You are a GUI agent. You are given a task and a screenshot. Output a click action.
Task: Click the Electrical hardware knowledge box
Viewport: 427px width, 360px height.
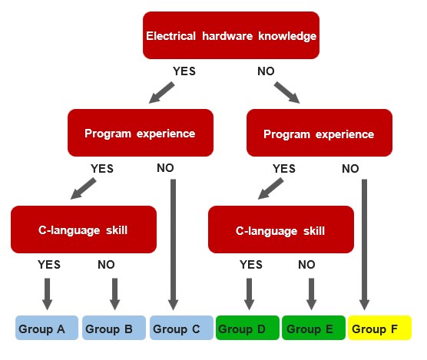[x=231, y=35]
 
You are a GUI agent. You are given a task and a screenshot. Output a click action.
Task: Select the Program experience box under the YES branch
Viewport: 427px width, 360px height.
[x=141, y=133]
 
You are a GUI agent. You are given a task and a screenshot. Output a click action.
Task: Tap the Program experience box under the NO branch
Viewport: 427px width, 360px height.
[x=319, y=133]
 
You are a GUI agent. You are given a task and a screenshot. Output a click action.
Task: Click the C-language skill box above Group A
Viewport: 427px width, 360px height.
[x=84, y=230]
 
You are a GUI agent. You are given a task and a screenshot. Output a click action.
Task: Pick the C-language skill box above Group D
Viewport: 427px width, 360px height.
[x=281, y=230]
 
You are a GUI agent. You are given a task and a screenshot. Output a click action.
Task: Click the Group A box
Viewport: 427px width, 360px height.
[x=47, y=328]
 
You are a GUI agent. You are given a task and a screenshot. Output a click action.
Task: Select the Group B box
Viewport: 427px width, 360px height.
[x=114, y=328]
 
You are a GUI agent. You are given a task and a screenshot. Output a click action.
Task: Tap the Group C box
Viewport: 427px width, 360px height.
[x=181, y=328]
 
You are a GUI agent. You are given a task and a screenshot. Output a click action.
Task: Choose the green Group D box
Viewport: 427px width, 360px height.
[x=247, y=328]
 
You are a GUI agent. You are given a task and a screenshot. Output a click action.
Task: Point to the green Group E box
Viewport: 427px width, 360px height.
[x=313, y=328]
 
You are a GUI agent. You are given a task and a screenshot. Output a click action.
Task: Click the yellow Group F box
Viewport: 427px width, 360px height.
[x=379, y=328]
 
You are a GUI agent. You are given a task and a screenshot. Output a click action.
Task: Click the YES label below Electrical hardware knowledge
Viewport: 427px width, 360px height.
[x=184, y=71]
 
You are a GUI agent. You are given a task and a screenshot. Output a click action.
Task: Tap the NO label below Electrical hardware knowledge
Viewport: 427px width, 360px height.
[x=266, y=71]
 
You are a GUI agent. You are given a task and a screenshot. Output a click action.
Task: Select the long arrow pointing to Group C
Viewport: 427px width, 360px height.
[x=174, y=244]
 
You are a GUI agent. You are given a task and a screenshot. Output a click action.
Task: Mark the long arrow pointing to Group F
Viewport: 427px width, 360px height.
[x=364, y=244]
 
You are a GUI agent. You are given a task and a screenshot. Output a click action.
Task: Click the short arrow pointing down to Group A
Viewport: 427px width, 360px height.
[x=48, y=294]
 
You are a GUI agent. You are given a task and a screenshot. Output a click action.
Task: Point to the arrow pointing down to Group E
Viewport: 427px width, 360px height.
[x=312, y=294]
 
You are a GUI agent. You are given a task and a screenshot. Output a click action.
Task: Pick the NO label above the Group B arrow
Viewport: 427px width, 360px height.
[x=106, y=265]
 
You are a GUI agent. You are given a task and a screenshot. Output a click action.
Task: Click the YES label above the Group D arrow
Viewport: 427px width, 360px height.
[x=251, y=265]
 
